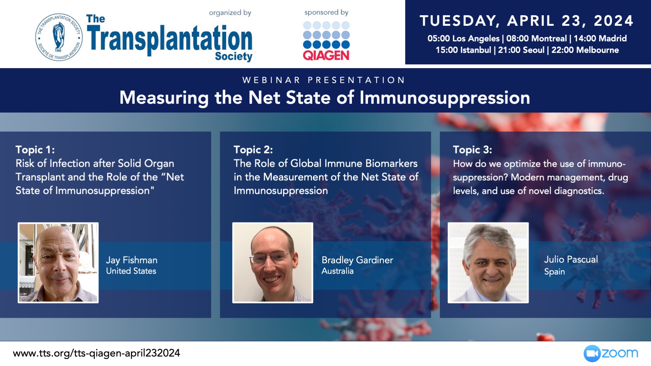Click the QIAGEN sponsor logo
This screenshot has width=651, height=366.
326,41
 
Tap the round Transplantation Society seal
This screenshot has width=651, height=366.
59,37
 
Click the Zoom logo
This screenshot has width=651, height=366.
611,353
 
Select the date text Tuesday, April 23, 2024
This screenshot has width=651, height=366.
527,21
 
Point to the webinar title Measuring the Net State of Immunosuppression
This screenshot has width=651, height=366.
324,98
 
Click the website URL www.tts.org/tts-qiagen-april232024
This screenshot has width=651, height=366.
96,353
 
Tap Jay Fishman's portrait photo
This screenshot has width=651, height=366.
58,263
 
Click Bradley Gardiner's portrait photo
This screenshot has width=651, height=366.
273,263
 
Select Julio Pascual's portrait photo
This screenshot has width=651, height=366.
488,263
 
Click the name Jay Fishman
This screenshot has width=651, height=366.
132,260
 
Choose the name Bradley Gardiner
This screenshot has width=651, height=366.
357,260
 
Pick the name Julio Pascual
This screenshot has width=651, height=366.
571,259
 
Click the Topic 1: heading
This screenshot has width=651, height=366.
35,149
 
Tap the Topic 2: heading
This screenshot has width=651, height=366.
253,149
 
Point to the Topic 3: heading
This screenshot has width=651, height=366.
472,149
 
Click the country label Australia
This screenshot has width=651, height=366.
337,271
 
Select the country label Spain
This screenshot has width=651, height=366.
554,271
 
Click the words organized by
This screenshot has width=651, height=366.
230,13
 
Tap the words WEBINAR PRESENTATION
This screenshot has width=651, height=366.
324,80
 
